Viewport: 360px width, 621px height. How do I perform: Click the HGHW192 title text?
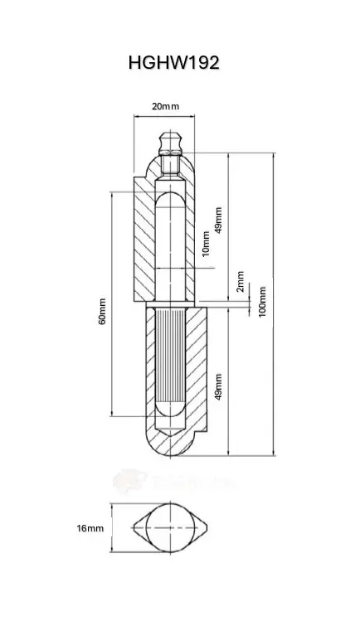pos(174,62)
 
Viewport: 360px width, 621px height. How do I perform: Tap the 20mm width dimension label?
pos(165,106)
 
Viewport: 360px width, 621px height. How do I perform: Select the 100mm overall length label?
pos(262,302)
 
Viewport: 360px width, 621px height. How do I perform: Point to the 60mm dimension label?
pos(102,311)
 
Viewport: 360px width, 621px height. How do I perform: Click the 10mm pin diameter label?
pos(206,244)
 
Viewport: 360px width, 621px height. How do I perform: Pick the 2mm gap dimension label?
pos(240,282)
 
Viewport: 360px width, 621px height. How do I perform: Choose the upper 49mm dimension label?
pos(218,221)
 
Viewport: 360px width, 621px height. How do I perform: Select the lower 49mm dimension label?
pos(218,386)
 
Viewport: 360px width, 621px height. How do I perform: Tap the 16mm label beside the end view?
pos(90,528)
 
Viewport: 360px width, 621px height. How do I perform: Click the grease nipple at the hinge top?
pos(171,143)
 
